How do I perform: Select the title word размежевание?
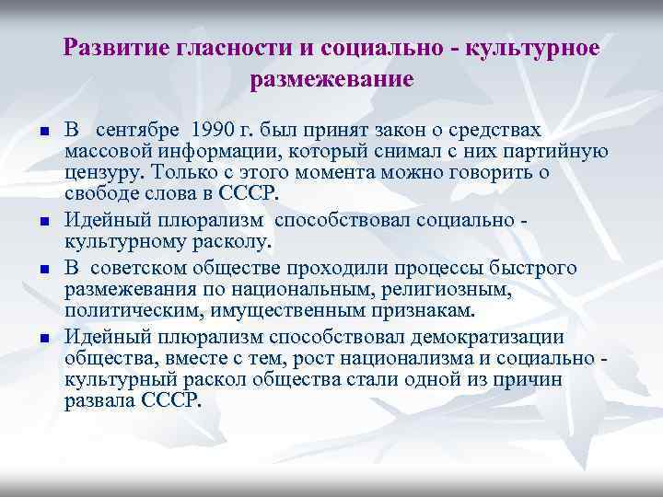331,80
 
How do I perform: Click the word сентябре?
136,131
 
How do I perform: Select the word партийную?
552,152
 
